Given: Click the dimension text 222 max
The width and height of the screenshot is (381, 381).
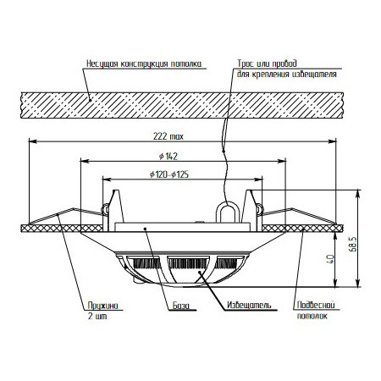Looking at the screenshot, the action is coord(168,136).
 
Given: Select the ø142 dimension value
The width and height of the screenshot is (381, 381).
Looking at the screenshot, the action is coord(168,156).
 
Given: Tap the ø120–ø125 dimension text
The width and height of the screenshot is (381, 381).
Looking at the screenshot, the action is coord(169,174).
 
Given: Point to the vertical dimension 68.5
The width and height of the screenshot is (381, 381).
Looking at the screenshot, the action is coord(354,244).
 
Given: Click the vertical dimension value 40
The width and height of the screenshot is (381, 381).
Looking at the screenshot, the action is coord(330,259).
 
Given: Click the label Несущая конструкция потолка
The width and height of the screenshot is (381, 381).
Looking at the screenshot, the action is coord(144,63).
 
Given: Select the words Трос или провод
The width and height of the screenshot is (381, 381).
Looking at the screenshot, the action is coord(267,63).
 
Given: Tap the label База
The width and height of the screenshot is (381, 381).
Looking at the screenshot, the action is coord(181,306).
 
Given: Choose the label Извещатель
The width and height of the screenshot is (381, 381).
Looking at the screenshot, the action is coord(249,305).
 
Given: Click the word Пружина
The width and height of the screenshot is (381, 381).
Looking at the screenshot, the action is coord(102,306).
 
